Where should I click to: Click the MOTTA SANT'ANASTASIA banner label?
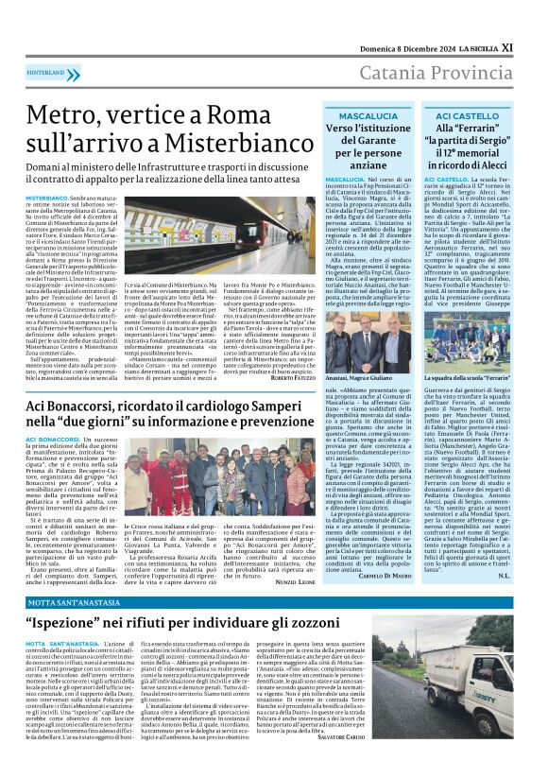(60, 601)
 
